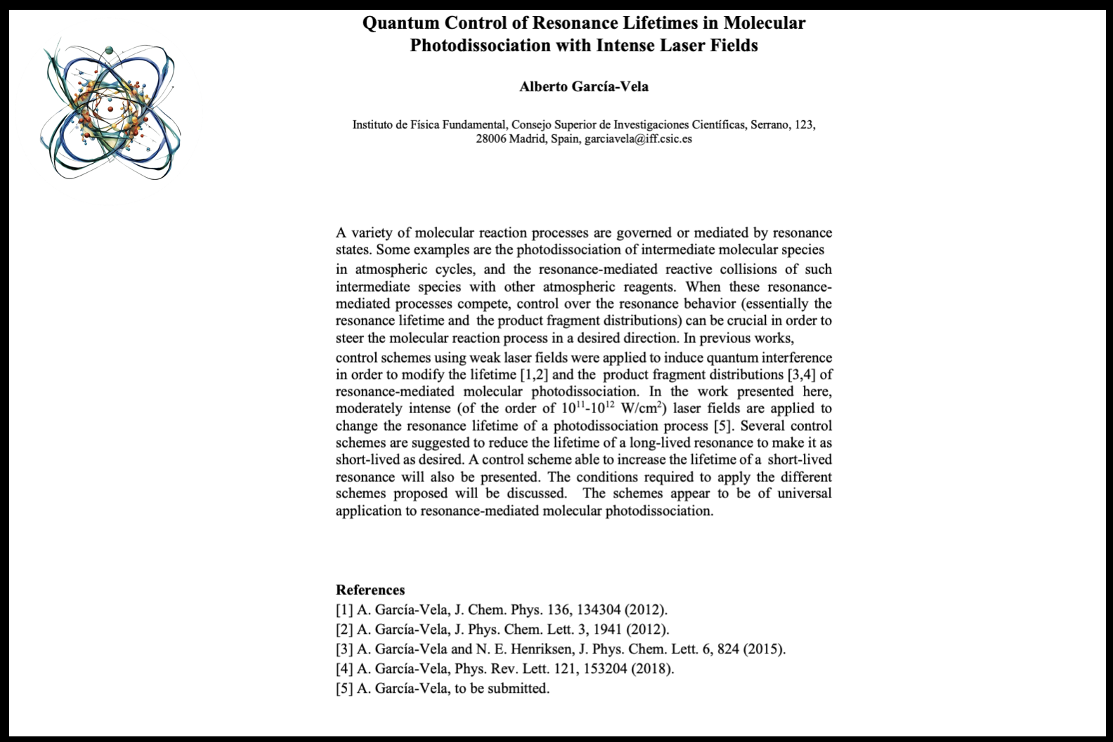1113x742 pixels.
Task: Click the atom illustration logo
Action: click(x=110, y=112)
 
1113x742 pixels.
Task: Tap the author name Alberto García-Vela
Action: click(x=584, y=87)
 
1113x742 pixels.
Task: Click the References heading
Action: click(x=370, y=590)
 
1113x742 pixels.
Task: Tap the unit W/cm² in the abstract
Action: click(x=644, y=409)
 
